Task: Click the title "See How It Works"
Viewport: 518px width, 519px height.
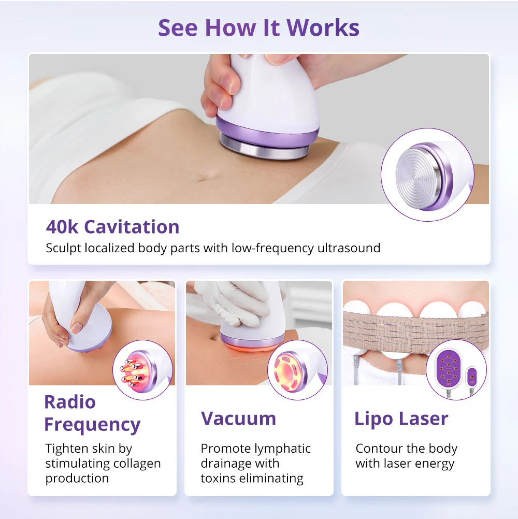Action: (258, 27)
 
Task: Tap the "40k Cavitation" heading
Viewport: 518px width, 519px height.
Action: (112, 227)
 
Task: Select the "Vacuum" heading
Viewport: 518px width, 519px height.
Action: (238, 419)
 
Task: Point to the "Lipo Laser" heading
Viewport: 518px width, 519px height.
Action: (401, 419)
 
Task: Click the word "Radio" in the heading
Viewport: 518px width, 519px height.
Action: (70, 402)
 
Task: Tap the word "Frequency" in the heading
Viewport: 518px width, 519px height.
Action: (92, 425)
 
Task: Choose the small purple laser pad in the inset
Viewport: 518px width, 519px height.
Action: (472, 377)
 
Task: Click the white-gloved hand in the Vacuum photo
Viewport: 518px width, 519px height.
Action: (235, 301)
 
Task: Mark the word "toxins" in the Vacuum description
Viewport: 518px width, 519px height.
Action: (218, 478)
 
